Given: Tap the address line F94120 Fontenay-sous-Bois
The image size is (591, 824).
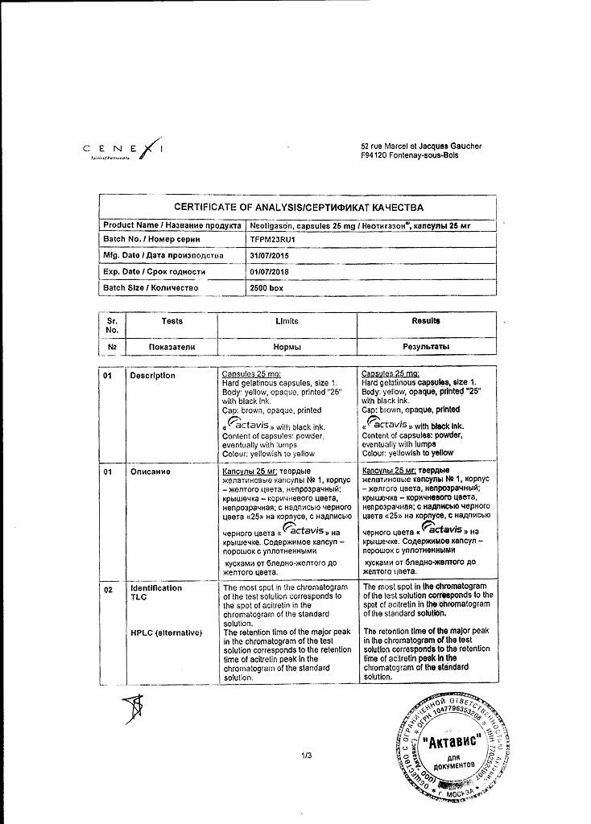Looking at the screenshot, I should pos(410,155).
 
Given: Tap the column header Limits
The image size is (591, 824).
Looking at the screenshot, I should pos(287,320).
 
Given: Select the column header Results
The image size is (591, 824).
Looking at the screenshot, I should pos(427,320).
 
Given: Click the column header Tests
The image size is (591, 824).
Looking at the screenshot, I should pos(172,320).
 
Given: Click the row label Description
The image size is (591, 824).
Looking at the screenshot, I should pos(153,376).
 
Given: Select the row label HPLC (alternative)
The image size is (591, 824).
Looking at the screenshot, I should pos(165,633).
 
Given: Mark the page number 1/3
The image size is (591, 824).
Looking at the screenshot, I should pos(306,755).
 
